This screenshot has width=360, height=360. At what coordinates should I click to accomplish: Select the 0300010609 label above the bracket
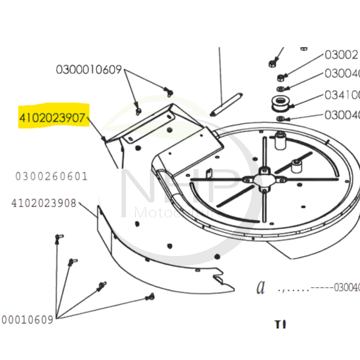[89, 70]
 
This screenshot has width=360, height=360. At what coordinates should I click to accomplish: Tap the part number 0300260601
[51, 176]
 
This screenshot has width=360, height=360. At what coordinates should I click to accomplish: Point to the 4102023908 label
[44, 203]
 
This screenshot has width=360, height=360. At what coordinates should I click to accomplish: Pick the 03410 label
[342, 95]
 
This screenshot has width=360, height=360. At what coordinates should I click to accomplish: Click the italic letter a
[261, 287]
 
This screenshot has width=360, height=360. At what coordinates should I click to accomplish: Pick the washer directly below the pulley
[280, 118]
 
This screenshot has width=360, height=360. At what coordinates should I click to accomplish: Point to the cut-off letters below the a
[280, 324]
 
